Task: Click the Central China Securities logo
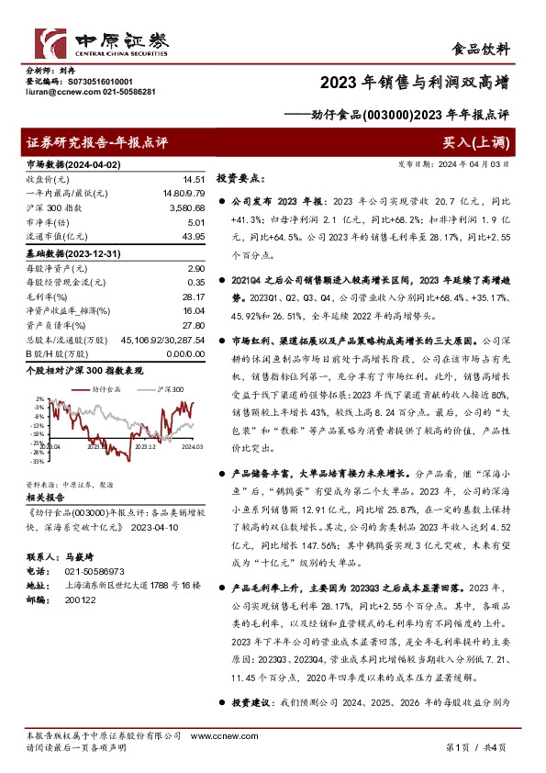pyautogui.click(x=101, y=42)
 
